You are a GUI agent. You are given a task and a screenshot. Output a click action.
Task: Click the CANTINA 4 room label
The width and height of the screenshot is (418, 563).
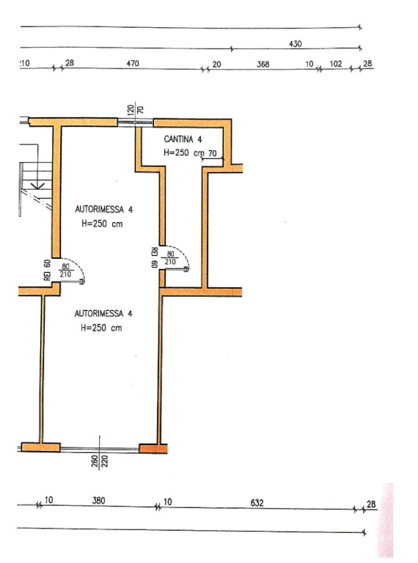point(183,139)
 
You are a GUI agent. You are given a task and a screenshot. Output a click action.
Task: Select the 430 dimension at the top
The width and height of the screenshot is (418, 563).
point(296,44)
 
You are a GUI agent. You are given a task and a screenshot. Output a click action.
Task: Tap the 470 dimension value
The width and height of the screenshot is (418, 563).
point(133,63)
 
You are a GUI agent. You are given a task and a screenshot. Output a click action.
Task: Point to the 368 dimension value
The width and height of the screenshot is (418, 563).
point(263,64)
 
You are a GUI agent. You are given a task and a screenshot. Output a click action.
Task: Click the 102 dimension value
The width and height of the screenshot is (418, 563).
point(336,64)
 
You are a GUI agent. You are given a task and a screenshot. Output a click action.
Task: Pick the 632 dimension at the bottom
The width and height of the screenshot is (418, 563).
point(257,503)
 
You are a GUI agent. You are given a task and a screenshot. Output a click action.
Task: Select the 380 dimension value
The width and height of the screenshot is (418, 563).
point(98,500)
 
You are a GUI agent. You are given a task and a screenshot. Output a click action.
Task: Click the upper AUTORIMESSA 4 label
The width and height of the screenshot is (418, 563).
point(104,210)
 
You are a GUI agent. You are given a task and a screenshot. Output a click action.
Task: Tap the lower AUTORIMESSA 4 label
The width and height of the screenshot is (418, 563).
point(103,314)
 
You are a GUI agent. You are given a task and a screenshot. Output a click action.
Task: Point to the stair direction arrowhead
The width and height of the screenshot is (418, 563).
point(37,186)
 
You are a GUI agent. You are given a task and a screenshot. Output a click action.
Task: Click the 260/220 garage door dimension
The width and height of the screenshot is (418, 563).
point(100,460)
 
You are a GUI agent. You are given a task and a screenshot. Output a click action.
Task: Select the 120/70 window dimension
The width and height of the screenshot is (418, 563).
point(136,108)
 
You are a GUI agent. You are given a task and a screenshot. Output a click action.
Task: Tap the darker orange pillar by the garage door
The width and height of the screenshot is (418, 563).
point(153,448)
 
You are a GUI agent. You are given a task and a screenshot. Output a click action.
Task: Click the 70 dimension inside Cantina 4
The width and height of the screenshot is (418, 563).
point(212,153)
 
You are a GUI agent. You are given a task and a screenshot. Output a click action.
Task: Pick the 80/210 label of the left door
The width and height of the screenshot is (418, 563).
point(65,271)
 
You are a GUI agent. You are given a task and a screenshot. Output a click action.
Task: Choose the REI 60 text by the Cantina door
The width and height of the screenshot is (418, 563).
point(155,257)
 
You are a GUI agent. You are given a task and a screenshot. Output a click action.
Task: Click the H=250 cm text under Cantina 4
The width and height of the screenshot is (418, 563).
point(183,152)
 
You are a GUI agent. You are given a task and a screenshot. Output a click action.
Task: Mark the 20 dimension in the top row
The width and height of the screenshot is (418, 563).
point(216,65)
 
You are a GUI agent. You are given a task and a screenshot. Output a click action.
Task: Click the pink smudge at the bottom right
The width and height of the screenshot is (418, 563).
point(386,520)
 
